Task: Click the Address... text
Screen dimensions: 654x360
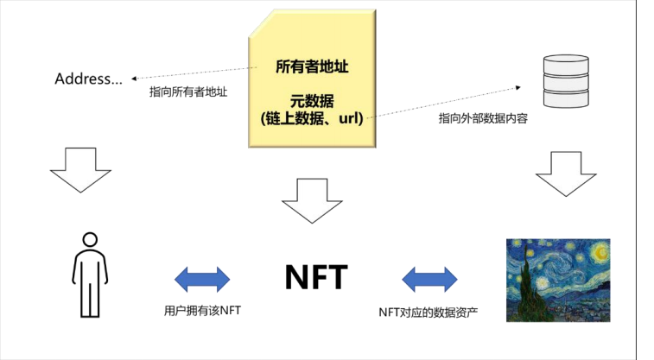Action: click(88, 79)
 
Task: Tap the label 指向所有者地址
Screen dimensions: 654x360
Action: click(188, 92)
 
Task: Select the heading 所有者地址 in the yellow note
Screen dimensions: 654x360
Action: click(312, 66)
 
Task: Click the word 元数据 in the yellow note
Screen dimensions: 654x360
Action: click(312, 101)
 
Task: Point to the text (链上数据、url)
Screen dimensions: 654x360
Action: click(312, 119)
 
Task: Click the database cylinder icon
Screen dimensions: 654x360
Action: click(566, 81)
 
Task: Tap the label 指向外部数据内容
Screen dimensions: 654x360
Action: click(483, 119)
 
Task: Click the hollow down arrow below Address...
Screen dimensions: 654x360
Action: click(80, 170)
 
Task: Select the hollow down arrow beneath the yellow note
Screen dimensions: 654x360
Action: click(312, 201)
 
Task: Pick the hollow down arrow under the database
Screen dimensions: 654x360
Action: click(566, 174)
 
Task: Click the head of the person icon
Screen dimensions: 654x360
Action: click(90, 240)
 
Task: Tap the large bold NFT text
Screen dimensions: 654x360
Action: click(316, 277)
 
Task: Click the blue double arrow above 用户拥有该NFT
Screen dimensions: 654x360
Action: click(202, 279)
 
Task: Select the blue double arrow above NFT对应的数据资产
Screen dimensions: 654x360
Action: click(429, 279)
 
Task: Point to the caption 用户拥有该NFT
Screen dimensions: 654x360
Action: click(202, 311)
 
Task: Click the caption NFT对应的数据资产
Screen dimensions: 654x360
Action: click(429, 312)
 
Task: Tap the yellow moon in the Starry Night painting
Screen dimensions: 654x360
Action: click(600, 252)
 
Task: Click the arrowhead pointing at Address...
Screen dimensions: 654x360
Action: click(134, 79)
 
